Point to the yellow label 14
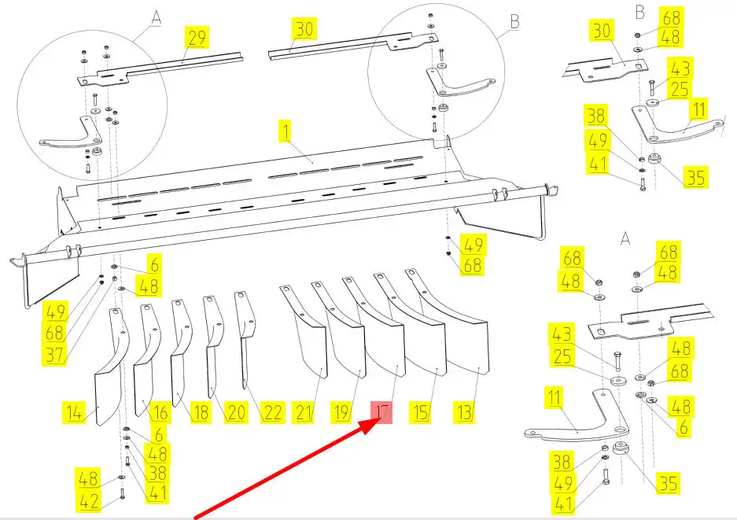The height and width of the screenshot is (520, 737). click(x=75, y=411)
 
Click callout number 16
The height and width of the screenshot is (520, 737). click(x=160, y=411)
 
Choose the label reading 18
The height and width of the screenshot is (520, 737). click(x=201, y=411)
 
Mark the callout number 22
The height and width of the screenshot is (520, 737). click(x=272, y=411)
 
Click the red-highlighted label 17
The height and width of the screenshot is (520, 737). click(x=382, y=411)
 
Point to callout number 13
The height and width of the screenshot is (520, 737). click(x=464, y=411)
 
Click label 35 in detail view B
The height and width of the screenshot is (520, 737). click(x=695, y=178)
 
